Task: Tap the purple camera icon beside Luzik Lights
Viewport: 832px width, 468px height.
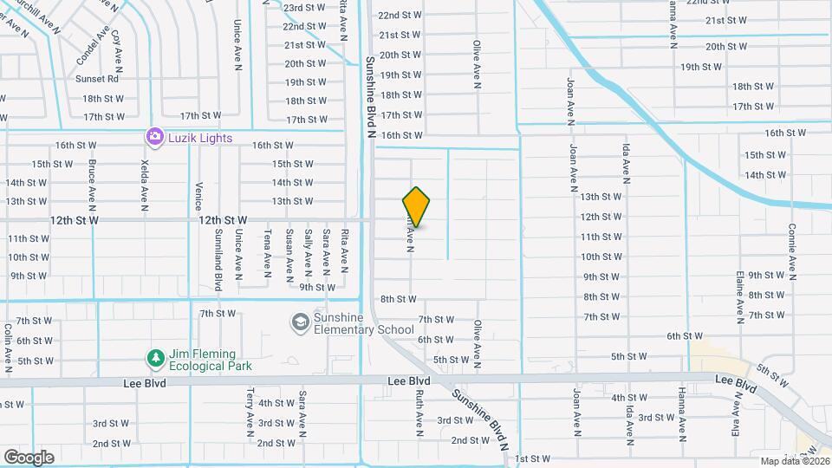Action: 154,136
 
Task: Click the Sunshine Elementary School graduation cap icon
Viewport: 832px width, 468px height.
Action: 300,322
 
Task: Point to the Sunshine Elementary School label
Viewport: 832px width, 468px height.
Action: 363,323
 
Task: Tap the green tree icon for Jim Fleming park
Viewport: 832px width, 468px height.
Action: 155,358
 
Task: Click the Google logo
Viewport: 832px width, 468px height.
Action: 29,457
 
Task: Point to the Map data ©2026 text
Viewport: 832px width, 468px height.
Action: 793,461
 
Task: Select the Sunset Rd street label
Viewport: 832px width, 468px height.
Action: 96,79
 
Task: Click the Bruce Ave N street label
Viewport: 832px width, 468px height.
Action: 90,185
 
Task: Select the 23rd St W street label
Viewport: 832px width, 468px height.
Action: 304,8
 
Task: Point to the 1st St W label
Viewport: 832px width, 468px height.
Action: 532,458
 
